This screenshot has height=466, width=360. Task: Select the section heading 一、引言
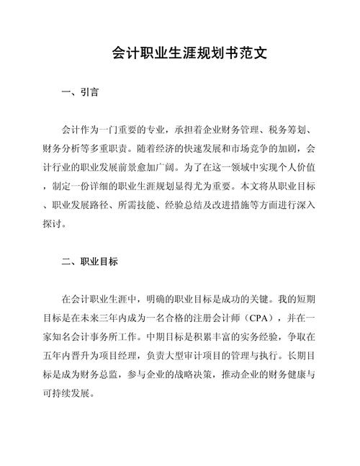tap(81, 93)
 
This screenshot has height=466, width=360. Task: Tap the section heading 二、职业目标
tap(91, 261)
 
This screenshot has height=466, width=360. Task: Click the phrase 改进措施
tap(257, 205)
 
